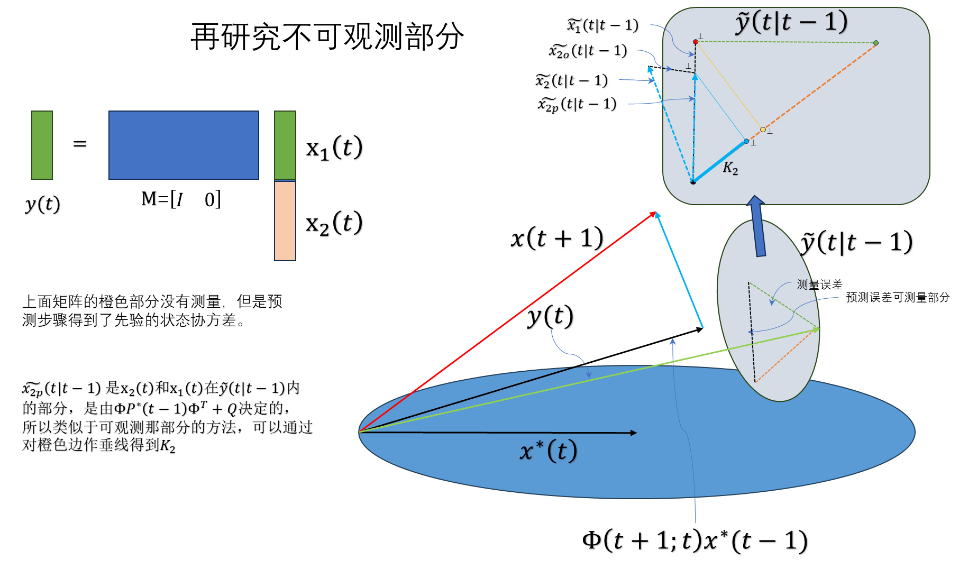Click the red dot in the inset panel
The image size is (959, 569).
click(696, 42)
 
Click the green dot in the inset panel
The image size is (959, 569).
click(876, 43)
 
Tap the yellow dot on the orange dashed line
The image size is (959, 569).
click(763, 130)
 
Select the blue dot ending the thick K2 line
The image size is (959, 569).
click(746, 141)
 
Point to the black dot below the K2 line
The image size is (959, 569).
click(693, 182)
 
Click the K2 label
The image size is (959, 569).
click(730, 168)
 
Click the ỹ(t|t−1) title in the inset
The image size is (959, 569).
click(791, 22)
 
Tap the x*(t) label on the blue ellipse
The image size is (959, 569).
click(548, 451)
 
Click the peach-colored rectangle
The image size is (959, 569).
click(285, 221)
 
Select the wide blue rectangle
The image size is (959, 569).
click(184, 145)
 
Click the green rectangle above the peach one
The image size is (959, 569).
click(285, 145)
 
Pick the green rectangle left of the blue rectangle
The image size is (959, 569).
click(42, 145)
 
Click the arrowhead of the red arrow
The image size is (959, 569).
click(653, 214)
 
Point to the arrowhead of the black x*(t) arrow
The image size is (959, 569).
click(634, 433)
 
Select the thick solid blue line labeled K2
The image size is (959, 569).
click(719, 161)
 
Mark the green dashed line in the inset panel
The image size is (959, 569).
click(786, 42)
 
